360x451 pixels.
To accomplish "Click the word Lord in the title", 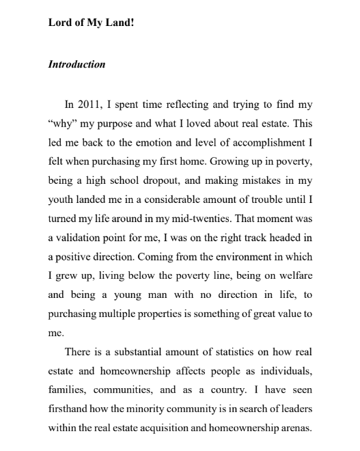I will pos(59,21).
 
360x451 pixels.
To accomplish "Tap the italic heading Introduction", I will pos(77,65).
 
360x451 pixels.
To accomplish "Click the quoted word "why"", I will pos(64,124).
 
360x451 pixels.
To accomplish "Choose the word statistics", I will pos(225,351).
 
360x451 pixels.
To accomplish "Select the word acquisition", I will pos(169,428).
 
